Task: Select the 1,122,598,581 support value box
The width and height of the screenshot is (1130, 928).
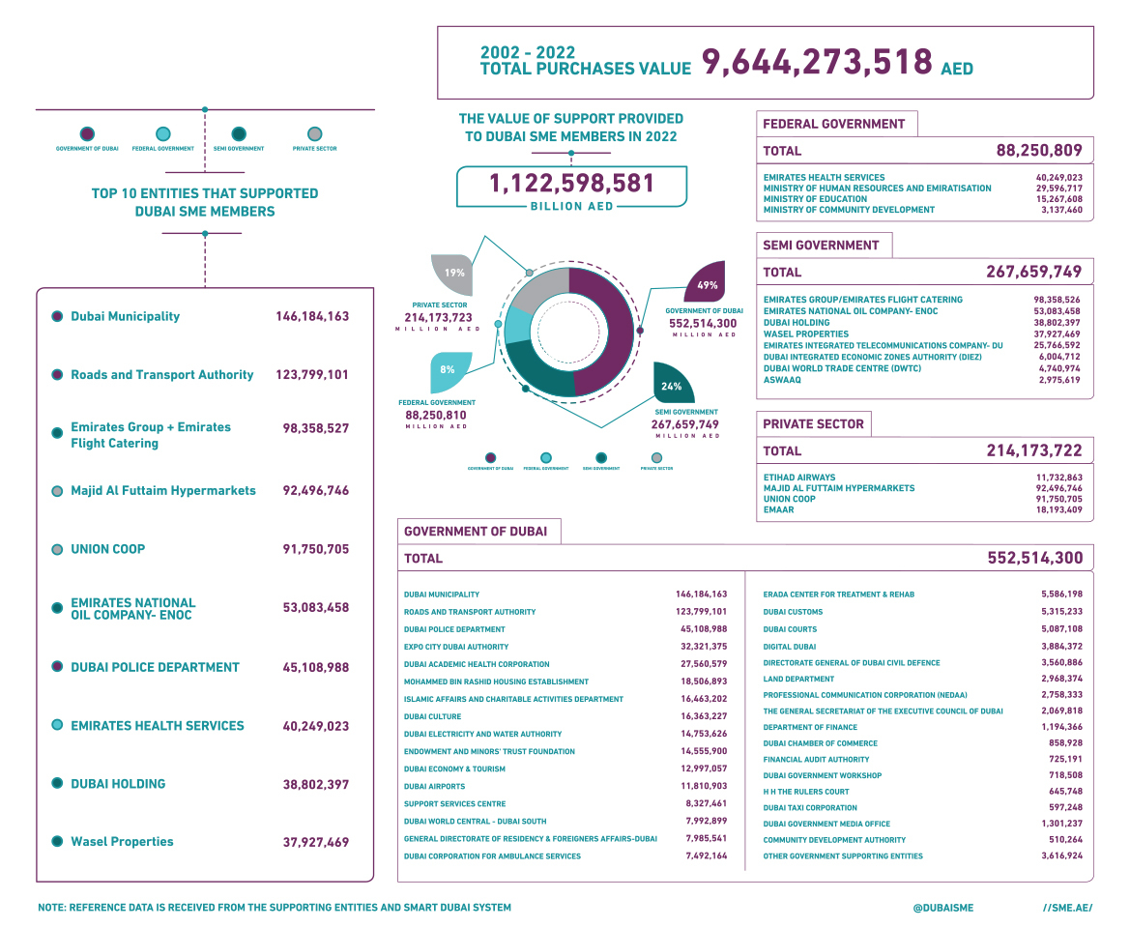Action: click(x=571, y=184)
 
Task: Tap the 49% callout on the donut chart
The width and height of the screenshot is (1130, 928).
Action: click(x=707, y=284)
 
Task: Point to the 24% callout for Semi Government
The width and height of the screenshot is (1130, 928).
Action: click(x=672, y=386)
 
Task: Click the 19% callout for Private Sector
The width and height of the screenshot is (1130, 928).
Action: click(x=454, y=274)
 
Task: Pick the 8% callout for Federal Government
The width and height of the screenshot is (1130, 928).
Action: click(x=448, y=369)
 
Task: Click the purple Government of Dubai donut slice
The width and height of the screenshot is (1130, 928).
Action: click(x=604, y=329)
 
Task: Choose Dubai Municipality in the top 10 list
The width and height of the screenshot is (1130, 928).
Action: click(x=125, y=316)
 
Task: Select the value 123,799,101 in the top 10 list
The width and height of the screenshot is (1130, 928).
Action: click(x=311, y=375)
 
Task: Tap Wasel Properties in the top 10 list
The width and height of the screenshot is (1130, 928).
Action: click(x=122, y=842)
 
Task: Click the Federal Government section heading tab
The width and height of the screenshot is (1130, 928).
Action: click(x=834, y=124)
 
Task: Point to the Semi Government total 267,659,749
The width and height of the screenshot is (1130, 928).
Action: click(x=1033, y=272)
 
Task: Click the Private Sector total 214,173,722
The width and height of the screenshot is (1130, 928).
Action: click(x=1034, y=450)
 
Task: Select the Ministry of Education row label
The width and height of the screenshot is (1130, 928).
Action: click(x=815, y=199)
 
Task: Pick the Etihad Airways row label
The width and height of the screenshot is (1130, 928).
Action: click(x=799, y=478)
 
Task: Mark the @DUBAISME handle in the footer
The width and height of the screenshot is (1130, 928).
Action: click(x=942, y=908)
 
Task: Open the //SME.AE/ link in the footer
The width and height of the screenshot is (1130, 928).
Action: click(x=1068, y=908)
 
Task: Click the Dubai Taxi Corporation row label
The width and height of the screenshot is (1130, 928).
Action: click(x=810, y=808)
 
